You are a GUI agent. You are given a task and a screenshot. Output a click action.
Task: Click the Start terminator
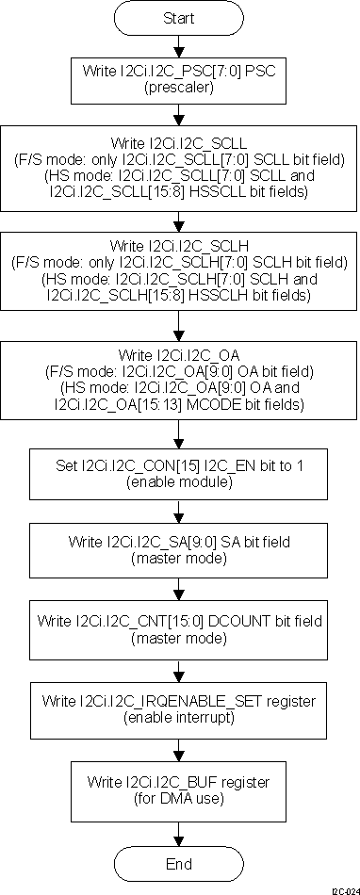click(x=179, y=19)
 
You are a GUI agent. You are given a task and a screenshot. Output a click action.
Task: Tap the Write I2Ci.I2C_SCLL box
click(x=179, y=170)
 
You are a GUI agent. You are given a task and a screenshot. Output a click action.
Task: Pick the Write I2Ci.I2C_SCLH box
click(x=179, y=272)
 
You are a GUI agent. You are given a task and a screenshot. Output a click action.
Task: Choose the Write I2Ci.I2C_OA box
click(x=179, y=377)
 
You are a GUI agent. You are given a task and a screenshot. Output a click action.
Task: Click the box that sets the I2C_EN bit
click(x=179, y=473)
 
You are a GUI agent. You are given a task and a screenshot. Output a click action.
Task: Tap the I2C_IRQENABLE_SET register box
click(x=179, y=708)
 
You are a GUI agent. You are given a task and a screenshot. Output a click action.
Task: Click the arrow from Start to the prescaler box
click(x=179, y=45)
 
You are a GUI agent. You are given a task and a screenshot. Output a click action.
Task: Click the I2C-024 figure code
click(x=344, y=888)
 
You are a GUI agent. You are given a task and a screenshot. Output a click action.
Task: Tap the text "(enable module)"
click(x=179, y=481)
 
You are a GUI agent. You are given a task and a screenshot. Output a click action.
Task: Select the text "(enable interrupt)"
click(x=179, y=717)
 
